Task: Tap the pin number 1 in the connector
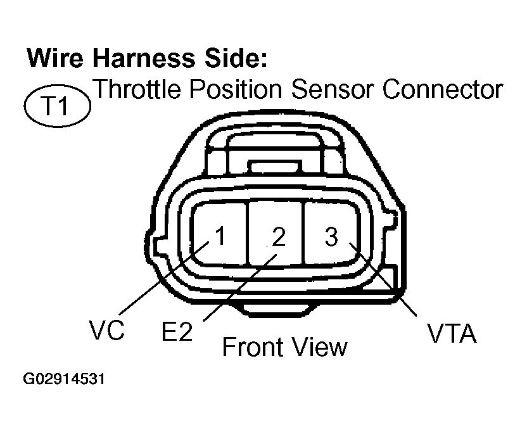(x=219, y=237)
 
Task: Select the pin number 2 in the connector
(x=279, y=237)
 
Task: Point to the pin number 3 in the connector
(x=331, y=237)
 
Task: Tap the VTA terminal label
(x=451, y=333)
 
